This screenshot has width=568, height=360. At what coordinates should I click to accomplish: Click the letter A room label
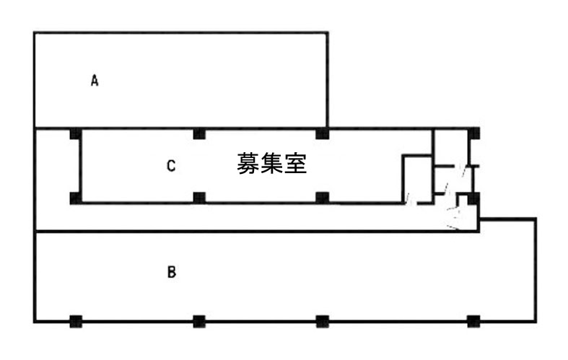click(x=94, y=80)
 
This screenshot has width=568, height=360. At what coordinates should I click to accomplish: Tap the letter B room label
click(x=171, y=273)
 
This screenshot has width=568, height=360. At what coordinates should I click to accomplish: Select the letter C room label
click(x=171, y=166)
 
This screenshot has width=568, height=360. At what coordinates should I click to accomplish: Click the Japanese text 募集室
click(x=272, y=164)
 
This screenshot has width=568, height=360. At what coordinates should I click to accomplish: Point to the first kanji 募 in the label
click(x=248, y=164)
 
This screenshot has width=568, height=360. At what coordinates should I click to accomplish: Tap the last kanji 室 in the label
click(x=296, y=164)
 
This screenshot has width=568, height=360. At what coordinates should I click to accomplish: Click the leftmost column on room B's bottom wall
click(x=75, y=321)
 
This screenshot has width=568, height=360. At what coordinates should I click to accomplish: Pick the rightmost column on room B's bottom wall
click(x=473, y=321)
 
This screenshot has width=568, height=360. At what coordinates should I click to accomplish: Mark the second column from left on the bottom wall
click(x=199, y=321)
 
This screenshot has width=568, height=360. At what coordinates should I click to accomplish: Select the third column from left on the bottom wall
click(x=323, y=321)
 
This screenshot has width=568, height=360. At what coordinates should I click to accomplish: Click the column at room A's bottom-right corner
click(x=323, y=133)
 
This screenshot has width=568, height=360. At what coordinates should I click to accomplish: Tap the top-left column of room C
click(x=75, y=133)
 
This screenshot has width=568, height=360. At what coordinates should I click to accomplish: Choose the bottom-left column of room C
click(x=75, y=197)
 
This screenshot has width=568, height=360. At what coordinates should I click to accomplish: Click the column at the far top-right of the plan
click(x=474, y=133)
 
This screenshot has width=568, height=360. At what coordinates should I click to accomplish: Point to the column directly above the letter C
click(x=199, y=133)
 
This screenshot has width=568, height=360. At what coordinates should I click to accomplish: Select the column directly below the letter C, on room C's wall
click(x=199, y=197)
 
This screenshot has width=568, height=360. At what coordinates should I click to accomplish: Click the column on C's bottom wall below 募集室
click(x=323, y=197)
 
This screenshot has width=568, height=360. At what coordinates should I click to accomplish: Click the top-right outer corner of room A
click(x=328, y=32)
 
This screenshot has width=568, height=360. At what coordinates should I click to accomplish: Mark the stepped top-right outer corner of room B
click(x=535, y=219)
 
